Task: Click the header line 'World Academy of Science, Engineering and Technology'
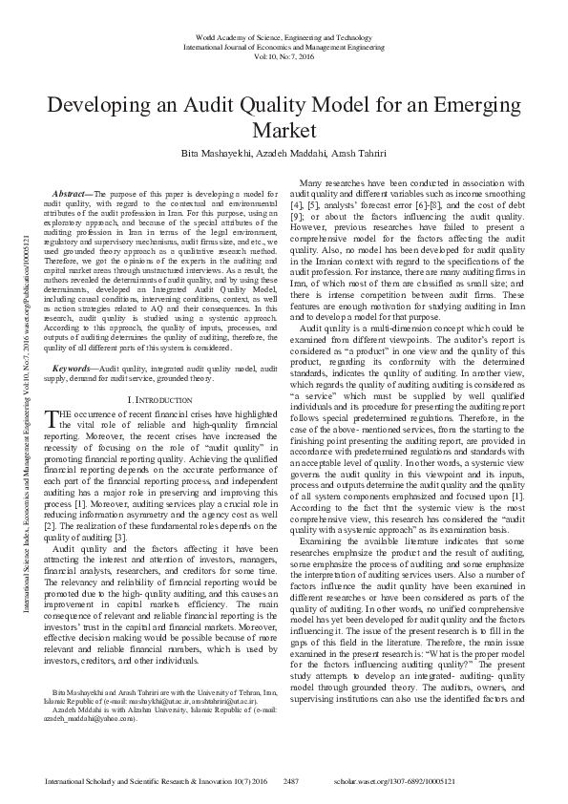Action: (x=284, y=33)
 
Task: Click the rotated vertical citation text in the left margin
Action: (x=24, y=382)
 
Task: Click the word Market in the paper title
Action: (x=284, y=130)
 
